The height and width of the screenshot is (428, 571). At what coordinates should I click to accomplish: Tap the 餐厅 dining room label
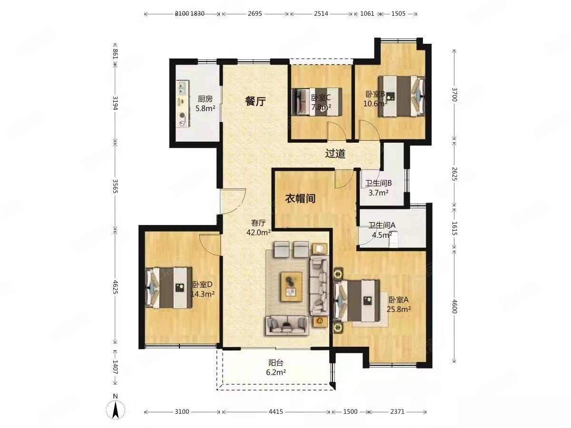255,101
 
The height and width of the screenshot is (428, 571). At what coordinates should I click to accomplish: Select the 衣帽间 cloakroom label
300,198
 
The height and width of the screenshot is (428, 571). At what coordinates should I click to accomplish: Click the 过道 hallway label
335,154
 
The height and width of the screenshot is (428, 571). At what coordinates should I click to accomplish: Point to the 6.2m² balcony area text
276,372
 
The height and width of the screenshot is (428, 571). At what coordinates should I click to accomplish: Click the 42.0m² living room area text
258,233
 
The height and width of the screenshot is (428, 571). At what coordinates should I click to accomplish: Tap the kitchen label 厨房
205,99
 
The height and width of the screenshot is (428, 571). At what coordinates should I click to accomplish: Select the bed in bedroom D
167,288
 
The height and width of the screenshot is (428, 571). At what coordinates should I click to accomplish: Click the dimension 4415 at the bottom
276,412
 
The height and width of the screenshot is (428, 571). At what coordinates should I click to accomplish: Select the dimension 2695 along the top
255,14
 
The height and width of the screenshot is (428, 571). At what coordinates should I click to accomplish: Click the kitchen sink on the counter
182,87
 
